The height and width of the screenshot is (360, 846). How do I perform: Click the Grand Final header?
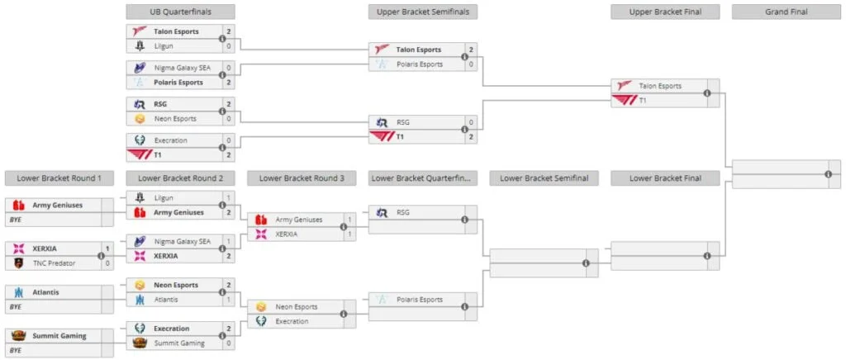point(787,12)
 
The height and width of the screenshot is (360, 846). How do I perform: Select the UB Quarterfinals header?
point(180,12)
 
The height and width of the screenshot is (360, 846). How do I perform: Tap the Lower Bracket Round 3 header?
point(301,178)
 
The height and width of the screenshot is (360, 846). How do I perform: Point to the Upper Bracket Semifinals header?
point(422,12)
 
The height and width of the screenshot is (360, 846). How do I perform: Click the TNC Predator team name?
point(54,263)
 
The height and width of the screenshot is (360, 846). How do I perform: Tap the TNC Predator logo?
point(18,263)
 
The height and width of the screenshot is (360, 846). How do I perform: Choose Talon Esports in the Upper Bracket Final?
point(660,86)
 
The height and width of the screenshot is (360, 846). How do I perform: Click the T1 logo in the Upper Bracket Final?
point(625,100)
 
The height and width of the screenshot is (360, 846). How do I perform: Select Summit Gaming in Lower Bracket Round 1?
point(59,336)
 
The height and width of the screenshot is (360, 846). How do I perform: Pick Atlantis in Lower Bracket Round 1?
point(46,292)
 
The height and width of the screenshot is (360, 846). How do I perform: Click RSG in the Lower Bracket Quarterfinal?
point(403,212)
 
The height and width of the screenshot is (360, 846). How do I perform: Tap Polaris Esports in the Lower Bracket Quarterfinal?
point(420,300)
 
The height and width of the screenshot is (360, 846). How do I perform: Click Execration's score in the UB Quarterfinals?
point(229,140)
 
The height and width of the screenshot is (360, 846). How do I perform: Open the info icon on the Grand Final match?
point(828,174)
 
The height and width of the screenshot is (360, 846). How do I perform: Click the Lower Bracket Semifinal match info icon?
point(586,263)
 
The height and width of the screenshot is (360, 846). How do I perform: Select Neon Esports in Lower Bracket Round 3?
point(297,306)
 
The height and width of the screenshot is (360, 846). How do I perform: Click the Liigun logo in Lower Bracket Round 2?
point(140,198)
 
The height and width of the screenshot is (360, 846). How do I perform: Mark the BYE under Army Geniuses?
point(15,220)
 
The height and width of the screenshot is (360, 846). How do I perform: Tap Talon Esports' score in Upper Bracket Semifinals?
point(471,50)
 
